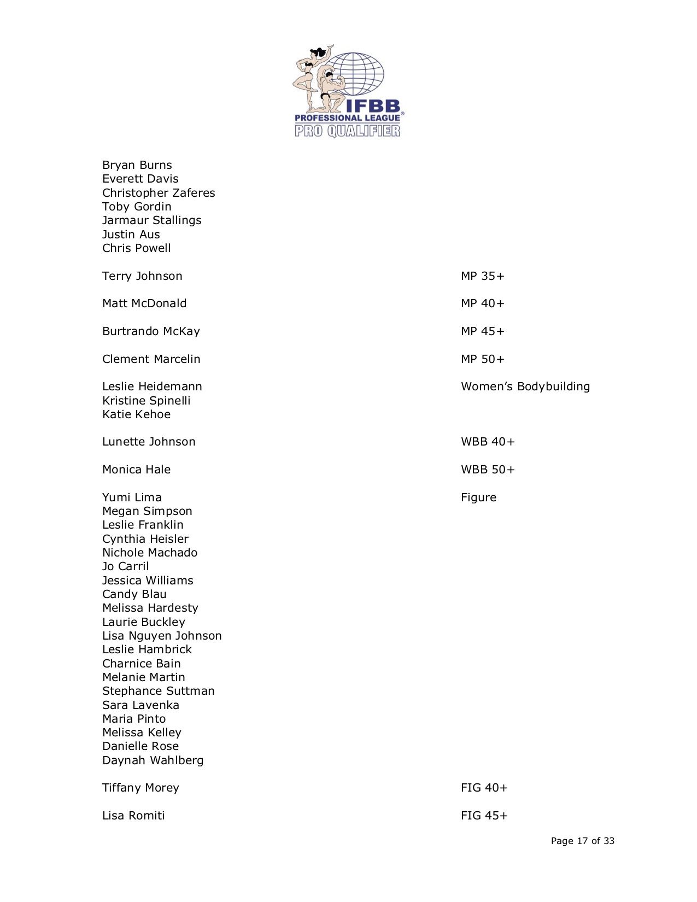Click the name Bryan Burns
[137, 165]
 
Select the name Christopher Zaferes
[159, 193]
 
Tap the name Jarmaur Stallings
[151, 220]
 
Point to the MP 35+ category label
[482, 276]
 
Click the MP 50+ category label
[482, 359]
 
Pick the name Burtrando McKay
[151, 331]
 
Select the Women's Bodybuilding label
[525, 386]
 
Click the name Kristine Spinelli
[146, 401]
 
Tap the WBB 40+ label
[488, 442]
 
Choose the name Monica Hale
[136, 470]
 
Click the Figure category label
[478, 497]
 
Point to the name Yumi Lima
[132, 497]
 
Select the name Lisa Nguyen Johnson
[162, 636]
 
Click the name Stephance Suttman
[158, 691]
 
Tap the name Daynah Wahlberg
[153, 760]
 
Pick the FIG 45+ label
[484, 816]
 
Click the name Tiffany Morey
[140, 788]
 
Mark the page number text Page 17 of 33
[582, 841]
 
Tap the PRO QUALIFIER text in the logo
[348, 131]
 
